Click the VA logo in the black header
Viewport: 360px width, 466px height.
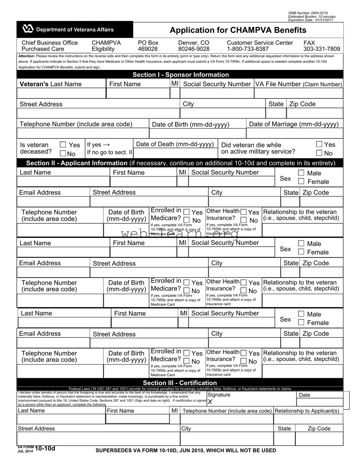[28, 29]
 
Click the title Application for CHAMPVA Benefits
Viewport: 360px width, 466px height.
[238, 30]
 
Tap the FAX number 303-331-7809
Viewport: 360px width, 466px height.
[322, 49]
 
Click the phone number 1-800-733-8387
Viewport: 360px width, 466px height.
[248, 49]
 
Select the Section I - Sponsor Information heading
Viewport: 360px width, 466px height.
[180, 75]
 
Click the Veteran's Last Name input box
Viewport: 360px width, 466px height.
[61, 93]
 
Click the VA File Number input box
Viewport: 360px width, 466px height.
[298, 93]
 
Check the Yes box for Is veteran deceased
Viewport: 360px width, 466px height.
[63, 144]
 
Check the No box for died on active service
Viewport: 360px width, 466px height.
[319, 153]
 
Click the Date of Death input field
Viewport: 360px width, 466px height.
[175, 153]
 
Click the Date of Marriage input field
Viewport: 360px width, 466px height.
[294, 133]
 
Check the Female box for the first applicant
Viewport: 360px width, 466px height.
[301, 181]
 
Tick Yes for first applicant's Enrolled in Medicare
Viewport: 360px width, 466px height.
[187, 212]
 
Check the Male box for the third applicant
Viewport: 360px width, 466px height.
[301, 314]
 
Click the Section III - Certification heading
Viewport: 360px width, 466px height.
[180, 383]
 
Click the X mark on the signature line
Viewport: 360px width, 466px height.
[210, 402]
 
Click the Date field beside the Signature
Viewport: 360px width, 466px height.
[320, 402]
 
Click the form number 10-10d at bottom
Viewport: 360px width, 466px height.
[45, 449]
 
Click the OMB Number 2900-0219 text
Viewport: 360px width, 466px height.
[308, 13]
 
